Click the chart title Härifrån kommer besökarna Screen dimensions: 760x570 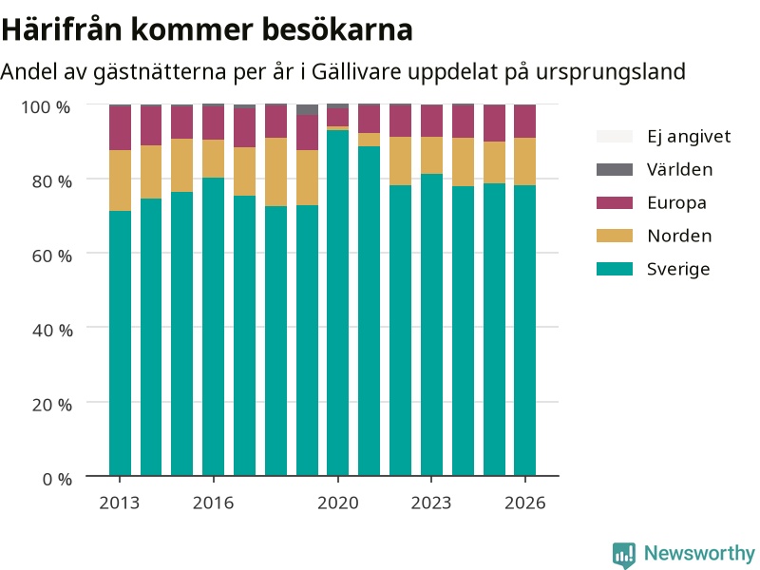pos(207,29)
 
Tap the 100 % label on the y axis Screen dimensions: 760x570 pos(46,106)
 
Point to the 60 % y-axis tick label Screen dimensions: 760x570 pos(52,256)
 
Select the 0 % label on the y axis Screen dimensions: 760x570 pos(57,479)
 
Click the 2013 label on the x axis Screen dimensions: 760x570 pos(120,503)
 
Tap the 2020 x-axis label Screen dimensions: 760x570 pos(338,503)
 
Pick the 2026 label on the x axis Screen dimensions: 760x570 pos(525,503)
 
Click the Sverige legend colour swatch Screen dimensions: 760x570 pos(615,269)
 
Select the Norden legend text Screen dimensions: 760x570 pos(679,236)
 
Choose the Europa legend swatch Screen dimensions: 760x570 pos(615,202)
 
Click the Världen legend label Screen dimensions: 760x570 pos(679,170)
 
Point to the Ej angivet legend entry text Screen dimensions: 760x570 pos(689,137)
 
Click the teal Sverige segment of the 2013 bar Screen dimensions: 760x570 pos(120,343)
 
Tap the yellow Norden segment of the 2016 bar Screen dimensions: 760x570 pos(213,159)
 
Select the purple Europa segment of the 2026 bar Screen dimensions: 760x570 pos(525,122)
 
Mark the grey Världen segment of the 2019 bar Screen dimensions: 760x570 pos(307,109)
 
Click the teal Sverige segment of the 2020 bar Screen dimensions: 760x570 pos(338,303)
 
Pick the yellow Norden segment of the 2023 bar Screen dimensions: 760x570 pos(431,155)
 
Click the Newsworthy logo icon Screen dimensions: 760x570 pos(624,554)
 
